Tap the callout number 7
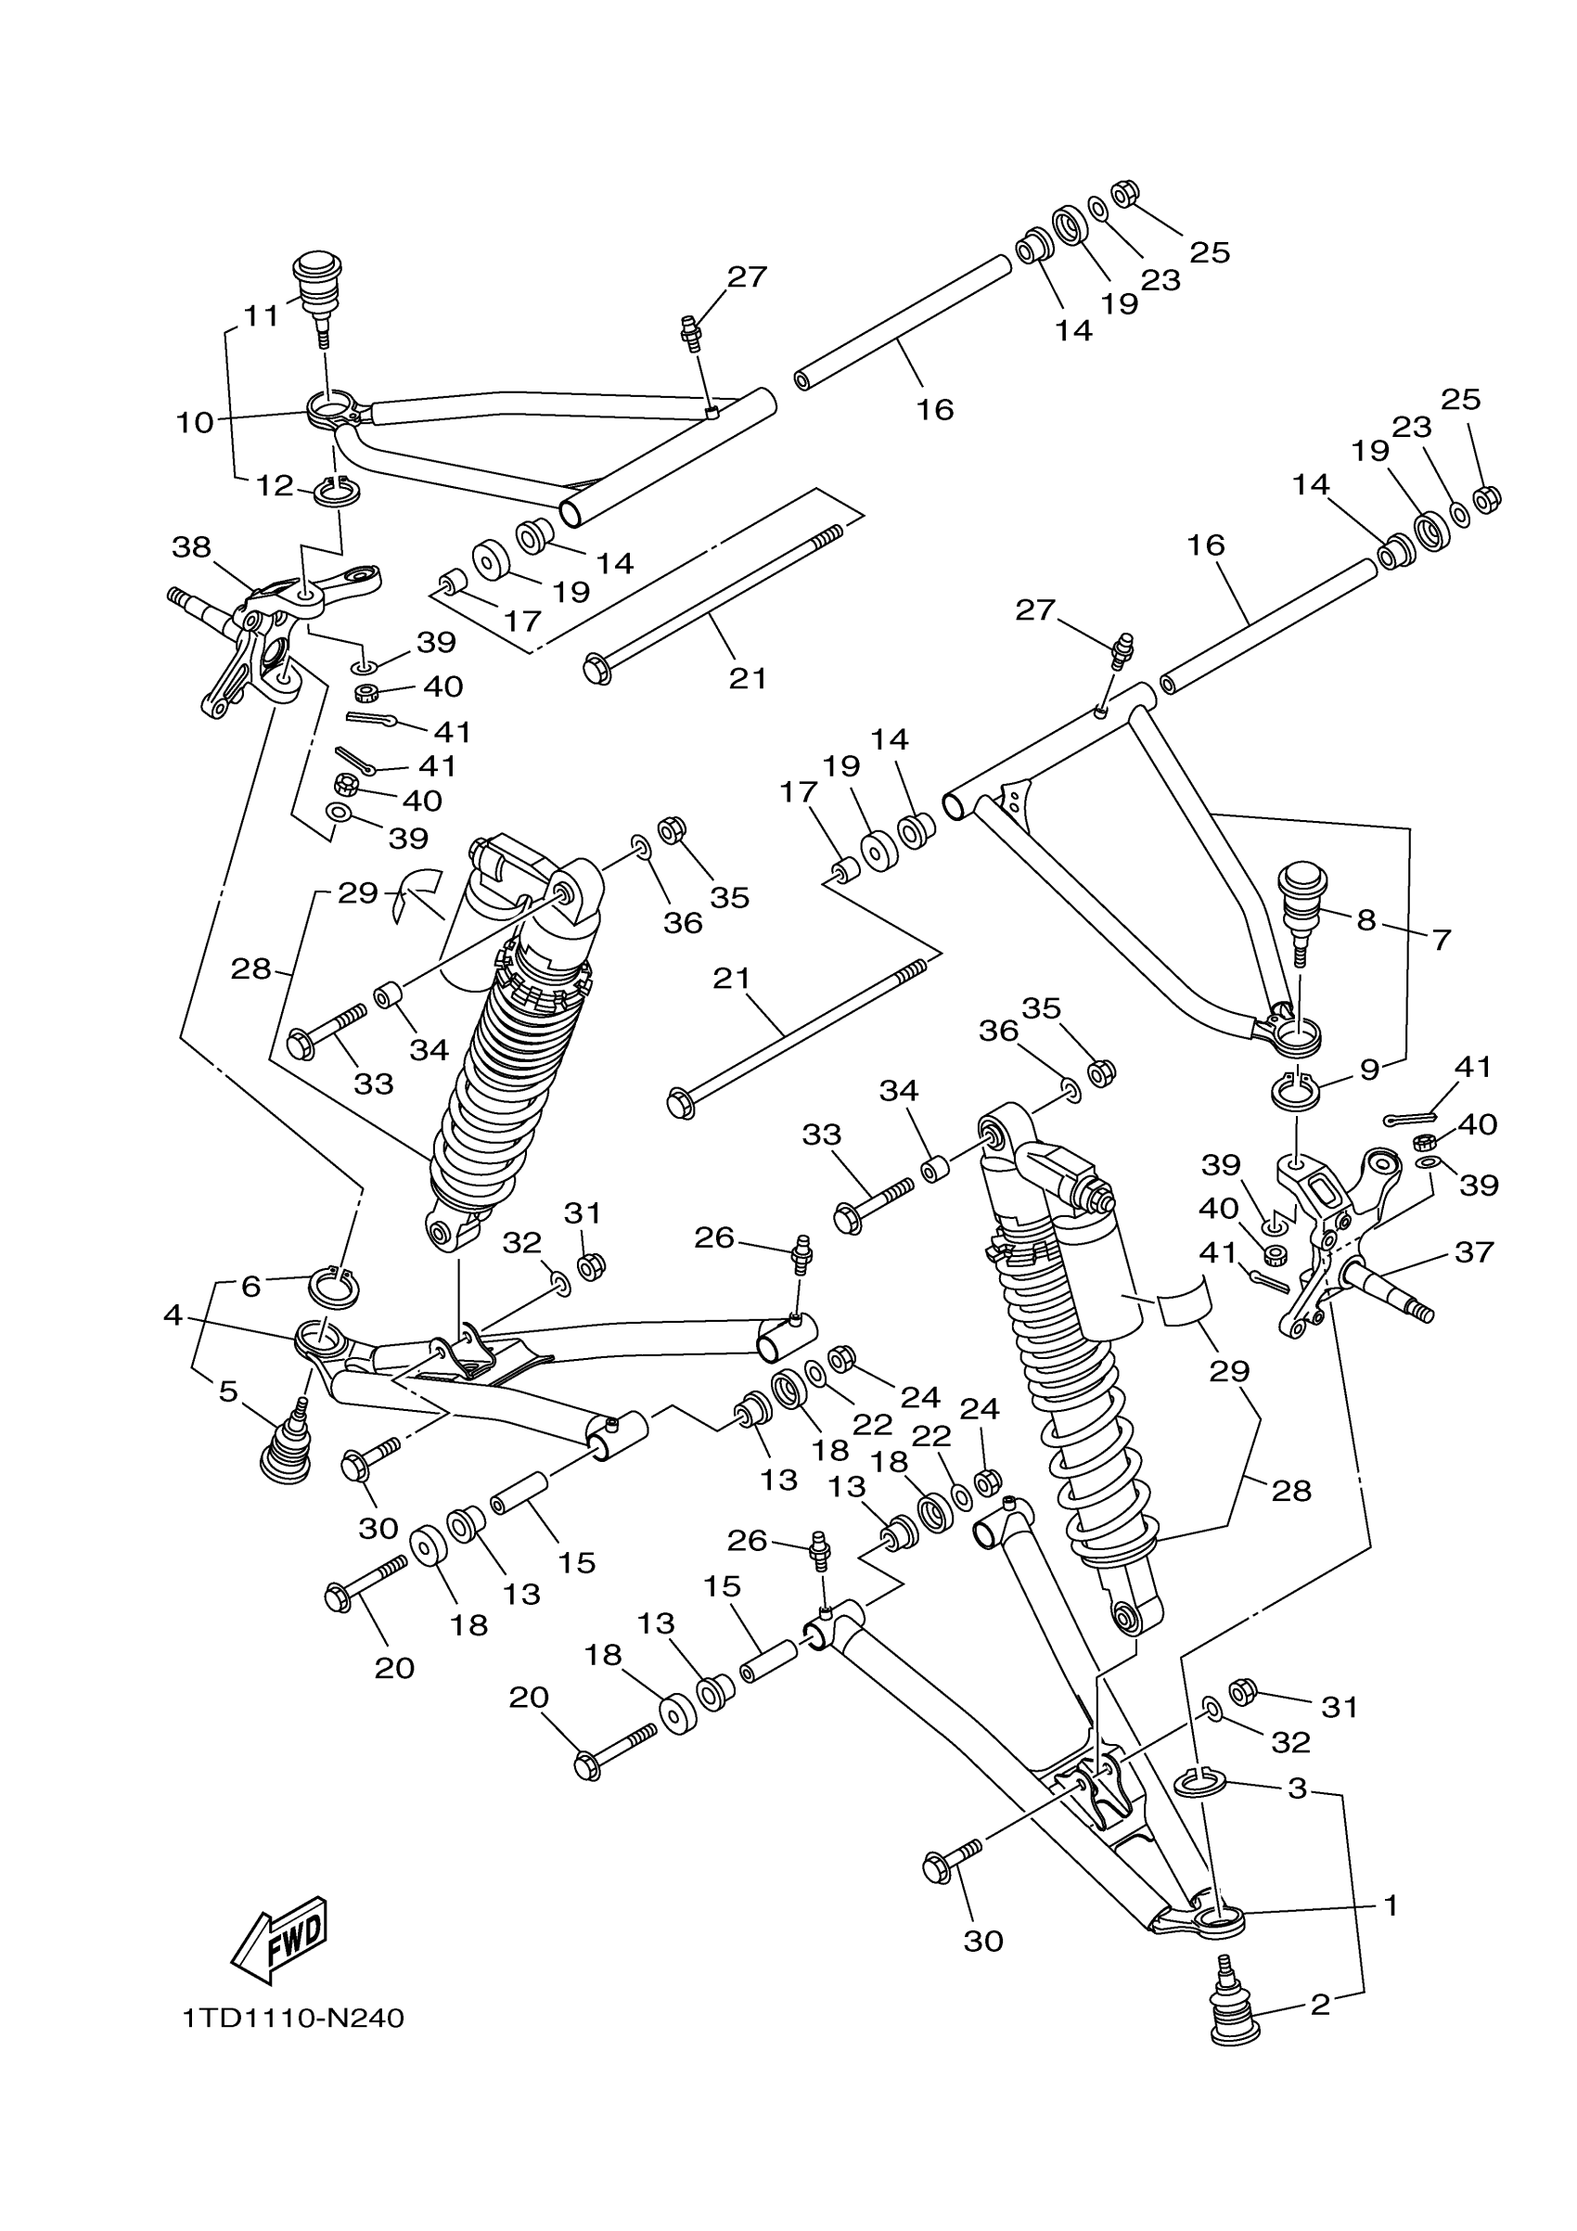[x=1441, y=940]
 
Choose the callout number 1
[x=1391, y=1905]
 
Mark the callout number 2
[x=1319, y=2004]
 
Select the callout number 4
[x=173, y=1315]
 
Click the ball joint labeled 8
[x=1298, y=899]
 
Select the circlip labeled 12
[x=336, y=492]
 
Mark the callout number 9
[x=1369, y=1070]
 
